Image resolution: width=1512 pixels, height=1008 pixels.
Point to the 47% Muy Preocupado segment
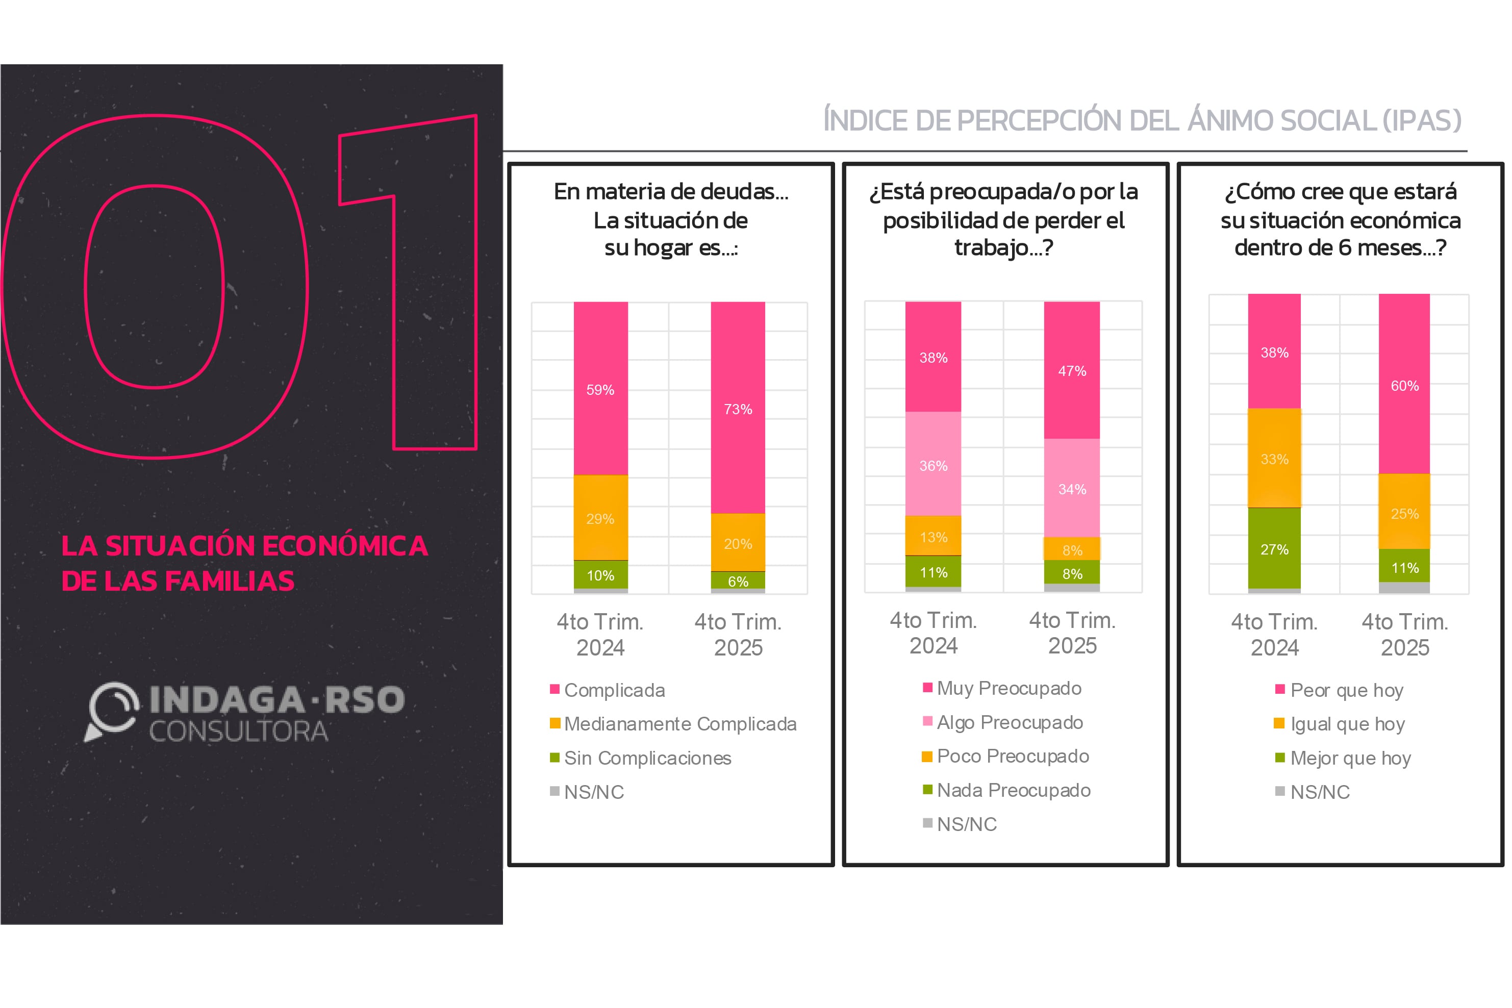coord(1072,370)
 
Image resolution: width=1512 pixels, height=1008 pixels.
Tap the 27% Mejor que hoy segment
coord(1274,548)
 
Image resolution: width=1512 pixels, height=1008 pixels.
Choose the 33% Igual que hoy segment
coord(1274,459)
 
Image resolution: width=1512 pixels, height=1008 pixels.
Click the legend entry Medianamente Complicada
coord(679,724)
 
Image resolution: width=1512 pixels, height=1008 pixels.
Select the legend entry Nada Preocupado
coord(1013,790)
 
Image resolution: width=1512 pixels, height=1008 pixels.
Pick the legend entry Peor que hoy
coord(1346,690)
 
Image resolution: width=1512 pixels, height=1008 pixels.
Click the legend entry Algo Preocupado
coord(1010,722)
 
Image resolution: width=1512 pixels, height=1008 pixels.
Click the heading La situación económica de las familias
coord(244,563)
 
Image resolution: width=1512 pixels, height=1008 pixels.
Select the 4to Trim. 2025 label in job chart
coord(1072,633)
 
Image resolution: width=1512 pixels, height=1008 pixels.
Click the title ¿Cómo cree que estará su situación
coord(1341,219)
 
